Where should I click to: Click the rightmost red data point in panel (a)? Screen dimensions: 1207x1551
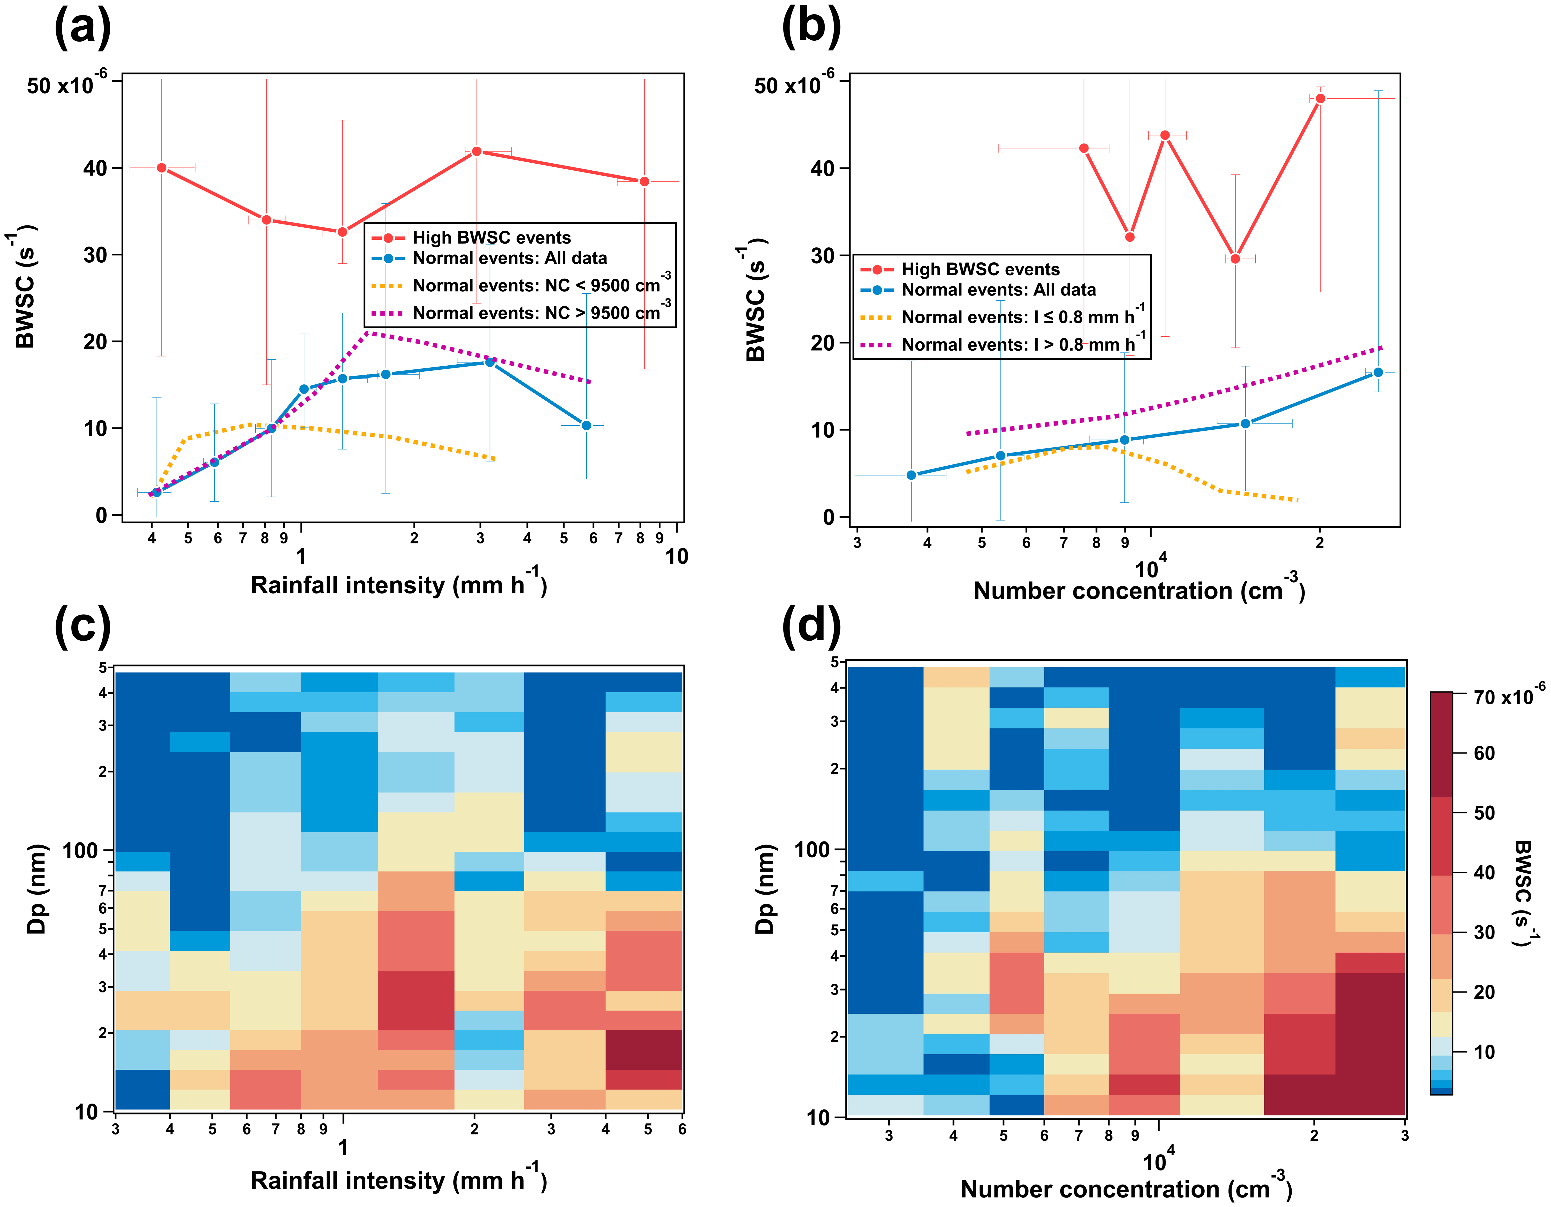[x=644, y=182]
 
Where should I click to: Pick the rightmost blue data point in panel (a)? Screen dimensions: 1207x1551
[x=586, y=425]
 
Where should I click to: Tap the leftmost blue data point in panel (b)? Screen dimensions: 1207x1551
[x=911, y=475]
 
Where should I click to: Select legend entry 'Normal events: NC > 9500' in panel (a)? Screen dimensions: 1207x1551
[x=536, y=313]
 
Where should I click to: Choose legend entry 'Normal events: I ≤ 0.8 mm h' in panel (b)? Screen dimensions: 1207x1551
[x=1017, y=317]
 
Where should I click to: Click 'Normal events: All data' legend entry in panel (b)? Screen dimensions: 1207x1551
[x=998, y=290]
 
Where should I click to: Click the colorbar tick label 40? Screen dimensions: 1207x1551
[x=1484, y=873]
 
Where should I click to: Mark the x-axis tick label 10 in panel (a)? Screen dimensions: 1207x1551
[x=676, y=557]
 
